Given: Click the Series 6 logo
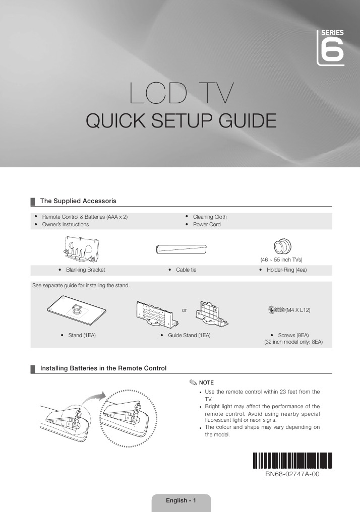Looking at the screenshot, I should (x=331, y=47).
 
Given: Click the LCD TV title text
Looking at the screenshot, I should (x=182, y=93).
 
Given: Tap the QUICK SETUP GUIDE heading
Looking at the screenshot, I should (x=182, y=121).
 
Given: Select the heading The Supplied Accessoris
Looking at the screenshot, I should (x=78, y=201).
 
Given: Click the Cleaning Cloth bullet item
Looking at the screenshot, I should (x=210, y=217).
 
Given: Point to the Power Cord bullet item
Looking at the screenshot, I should (x=207, y=224).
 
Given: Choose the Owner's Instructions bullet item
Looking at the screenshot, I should (x=65, y=224).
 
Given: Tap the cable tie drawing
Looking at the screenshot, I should (x=182, y=248).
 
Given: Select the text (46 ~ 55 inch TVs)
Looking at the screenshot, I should (x=281, y=260).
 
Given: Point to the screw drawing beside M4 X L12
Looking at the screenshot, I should (x=277, y=310).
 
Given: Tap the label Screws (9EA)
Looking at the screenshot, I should (x=293, y=335).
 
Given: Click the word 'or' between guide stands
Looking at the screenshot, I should (x=184, y=310).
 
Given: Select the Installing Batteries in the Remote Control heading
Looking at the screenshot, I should (x=103, y=369).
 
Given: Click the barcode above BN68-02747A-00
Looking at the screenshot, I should (x=292, y=461).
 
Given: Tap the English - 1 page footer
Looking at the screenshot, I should (x=181, y=500).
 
